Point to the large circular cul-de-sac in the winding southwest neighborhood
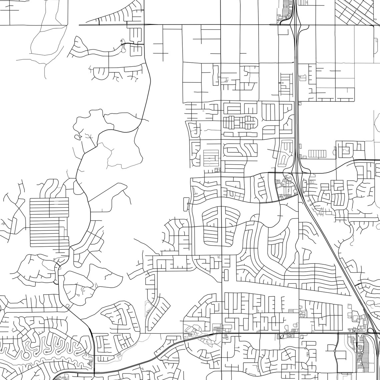(x=26, y=355)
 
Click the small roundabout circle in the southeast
(x=335, y=351)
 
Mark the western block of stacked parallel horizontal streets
(x=49, y=222)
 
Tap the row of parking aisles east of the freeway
(x=317, y=154)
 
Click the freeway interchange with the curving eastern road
(x=296, y=172)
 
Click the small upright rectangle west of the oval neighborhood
(x=186, y=204)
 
